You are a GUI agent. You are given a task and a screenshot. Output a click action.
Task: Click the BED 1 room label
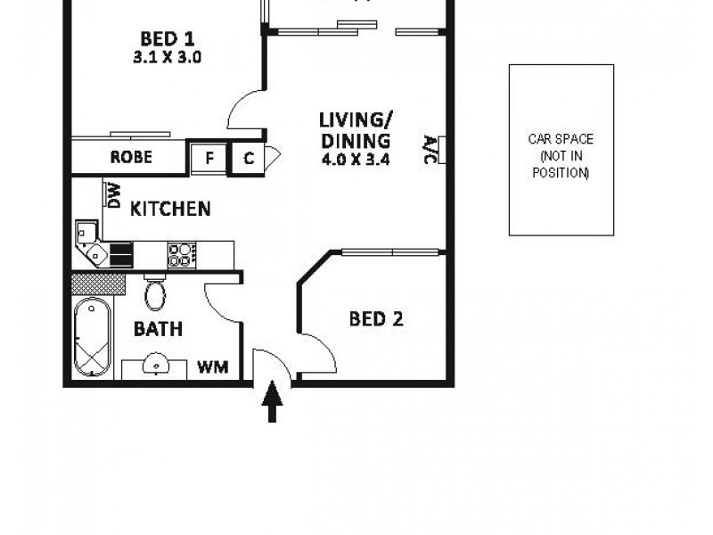click(x=168, y=39)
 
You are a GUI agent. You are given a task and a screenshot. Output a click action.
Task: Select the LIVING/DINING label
click(x=355, y=130)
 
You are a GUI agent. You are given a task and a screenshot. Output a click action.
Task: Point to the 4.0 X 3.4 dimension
click(x=355, y=160)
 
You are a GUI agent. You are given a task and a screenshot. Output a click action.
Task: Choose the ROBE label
click(x=131, y=158)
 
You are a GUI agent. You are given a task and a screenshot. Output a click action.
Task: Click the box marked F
click(x=209, y=159)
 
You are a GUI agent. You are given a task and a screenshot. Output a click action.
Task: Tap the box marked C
click(x=248, y=159)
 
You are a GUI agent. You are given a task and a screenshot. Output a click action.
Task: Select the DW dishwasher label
click(x=113, y=193)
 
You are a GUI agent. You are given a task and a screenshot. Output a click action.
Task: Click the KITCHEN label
click(x=170, y=210)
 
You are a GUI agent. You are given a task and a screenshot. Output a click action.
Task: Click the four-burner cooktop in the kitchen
click(x=181, y=254)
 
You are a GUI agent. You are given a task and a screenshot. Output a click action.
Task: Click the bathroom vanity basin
click(x=157, y=365)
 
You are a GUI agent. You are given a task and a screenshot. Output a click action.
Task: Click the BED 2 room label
click(x=375, y=318)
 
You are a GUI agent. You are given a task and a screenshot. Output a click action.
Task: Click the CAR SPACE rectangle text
click(x=561, y=156)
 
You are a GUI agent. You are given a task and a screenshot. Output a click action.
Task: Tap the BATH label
click(x=158, y=329)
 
